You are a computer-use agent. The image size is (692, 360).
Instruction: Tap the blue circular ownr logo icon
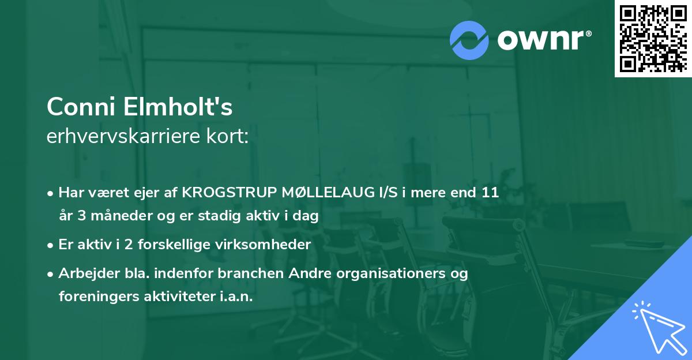click(469, 40)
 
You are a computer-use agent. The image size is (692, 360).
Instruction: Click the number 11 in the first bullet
click(490, 193)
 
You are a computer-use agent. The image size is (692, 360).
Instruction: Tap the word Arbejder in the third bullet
click(84, 273)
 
